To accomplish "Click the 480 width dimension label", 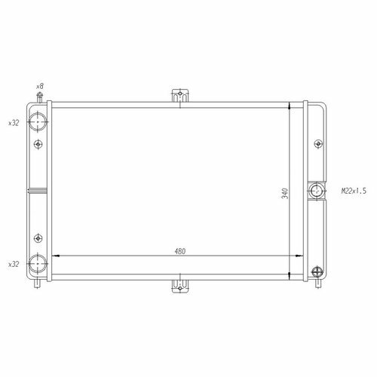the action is coord(180,251).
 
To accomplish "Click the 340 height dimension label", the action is coord(285,193).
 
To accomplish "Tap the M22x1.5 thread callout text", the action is coord(354,191).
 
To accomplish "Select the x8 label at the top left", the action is coord(40,87).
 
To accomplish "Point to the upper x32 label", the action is coord(14,123).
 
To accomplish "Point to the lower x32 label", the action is coord(14,265).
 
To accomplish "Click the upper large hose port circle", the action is coord(38,121).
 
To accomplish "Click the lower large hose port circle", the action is coord(38,264).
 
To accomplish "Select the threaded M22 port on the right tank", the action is coord(317,191).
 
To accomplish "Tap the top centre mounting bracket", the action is coord(180,96).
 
